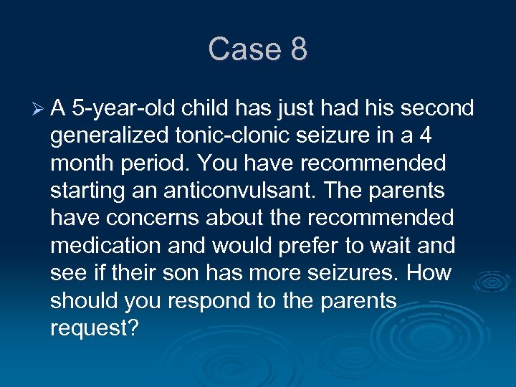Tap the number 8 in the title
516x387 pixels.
coord(298,49)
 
